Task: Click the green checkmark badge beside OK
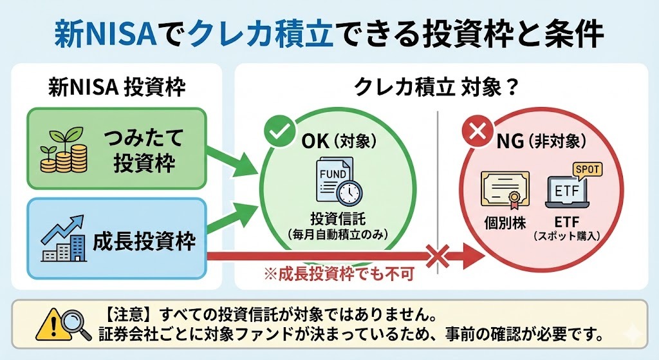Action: [279, 132]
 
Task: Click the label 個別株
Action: [505, 223]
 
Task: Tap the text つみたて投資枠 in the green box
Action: [144, 149]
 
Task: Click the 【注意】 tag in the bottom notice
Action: [125, 316]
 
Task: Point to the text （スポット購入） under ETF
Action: [566, 237]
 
